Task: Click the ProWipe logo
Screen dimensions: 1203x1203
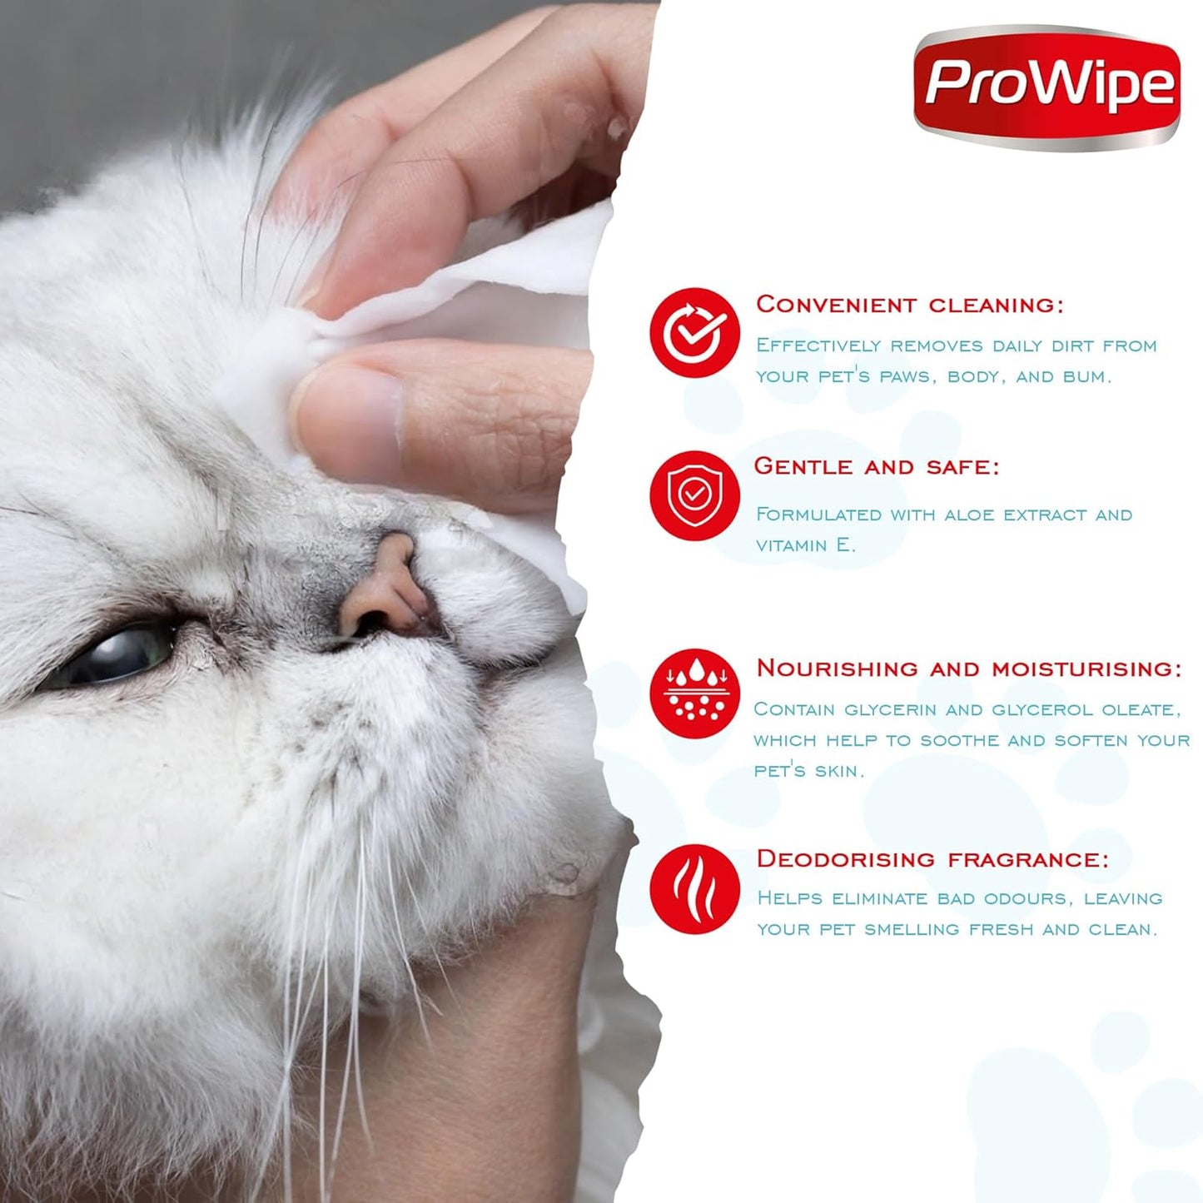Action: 1046,87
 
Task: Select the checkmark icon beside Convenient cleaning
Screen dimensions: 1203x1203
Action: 694,333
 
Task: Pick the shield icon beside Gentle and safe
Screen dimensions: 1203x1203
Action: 694,496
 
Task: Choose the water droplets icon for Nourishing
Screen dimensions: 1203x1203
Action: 694,693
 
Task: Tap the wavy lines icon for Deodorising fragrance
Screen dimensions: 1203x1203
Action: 694,889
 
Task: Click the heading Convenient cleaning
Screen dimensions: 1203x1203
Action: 909,305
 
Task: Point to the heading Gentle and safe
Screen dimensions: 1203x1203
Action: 876,466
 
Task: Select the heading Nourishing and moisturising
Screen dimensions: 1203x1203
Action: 968,669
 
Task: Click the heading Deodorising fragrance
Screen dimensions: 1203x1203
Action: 932,859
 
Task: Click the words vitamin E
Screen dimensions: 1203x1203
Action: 805,545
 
